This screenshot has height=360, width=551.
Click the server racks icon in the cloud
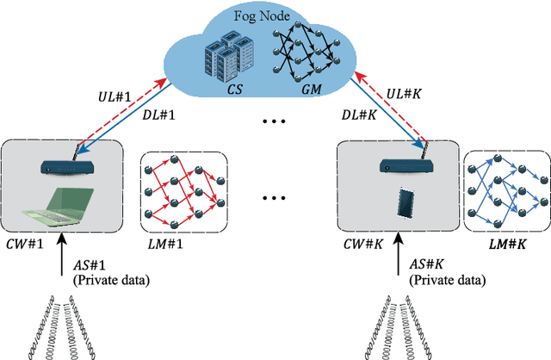[226, 55]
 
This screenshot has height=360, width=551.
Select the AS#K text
[428, 265]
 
